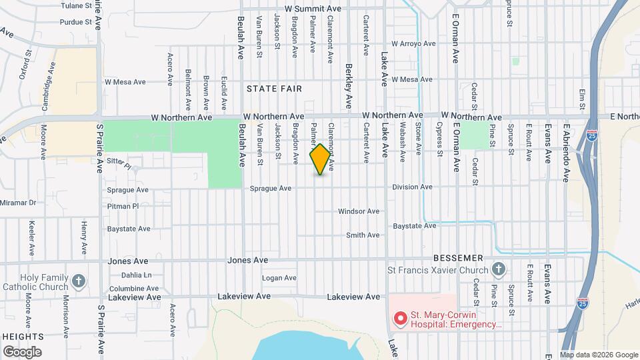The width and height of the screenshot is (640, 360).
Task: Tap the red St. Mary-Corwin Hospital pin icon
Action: tap(400, 319)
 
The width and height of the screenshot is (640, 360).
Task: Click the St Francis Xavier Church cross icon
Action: tap(497, 269)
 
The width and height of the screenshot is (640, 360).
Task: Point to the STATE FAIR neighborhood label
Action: tap(274, 89)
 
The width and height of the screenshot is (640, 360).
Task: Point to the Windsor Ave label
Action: tap(359, 211)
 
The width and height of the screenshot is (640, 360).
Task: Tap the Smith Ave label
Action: tap(363, 235)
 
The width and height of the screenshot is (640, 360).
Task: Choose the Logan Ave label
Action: tap(279, 278)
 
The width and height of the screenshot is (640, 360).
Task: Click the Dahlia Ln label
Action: tap(137, 275)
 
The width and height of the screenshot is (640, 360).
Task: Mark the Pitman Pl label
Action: tap(123, 207)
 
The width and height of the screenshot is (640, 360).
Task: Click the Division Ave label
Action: tap(413, 187)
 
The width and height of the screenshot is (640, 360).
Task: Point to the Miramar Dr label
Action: tap(18, 202)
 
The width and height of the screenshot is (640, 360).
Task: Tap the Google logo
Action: tap(22, 351)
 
